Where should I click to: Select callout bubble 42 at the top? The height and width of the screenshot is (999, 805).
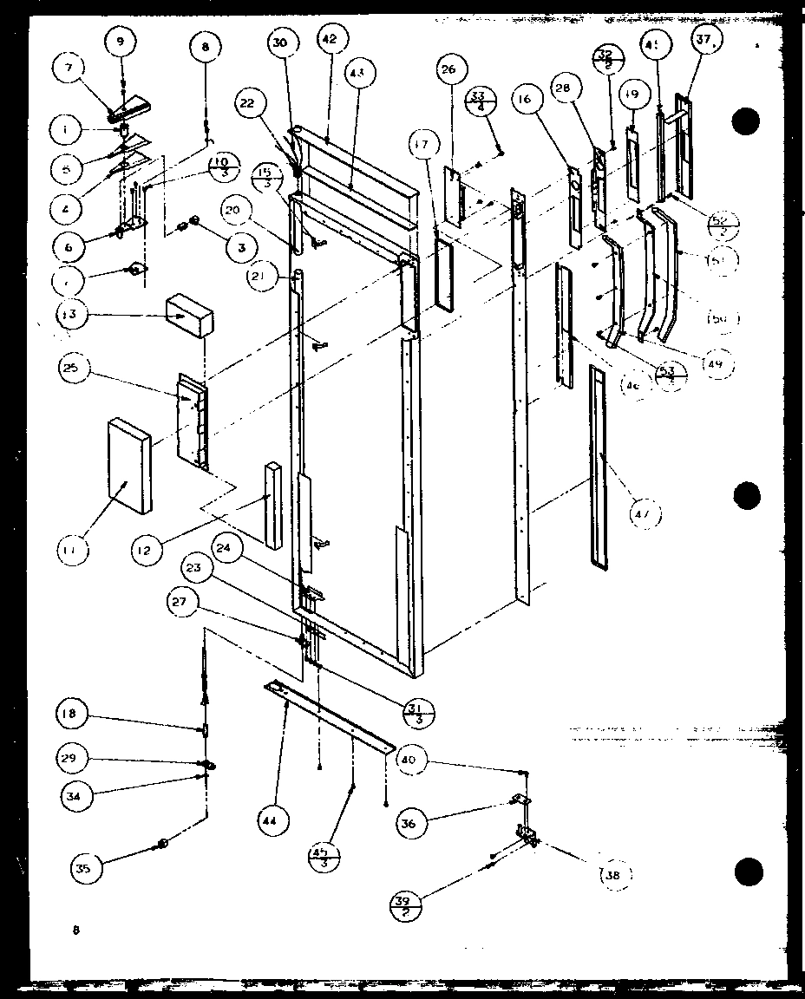(332, 39)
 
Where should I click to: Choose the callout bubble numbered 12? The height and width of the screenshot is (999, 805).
(148, 549)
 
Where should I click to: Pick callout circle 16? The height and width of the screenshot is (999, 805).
(524, 101)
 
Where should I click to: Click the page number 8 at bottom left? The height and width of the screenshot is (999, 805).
(77, 930)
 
